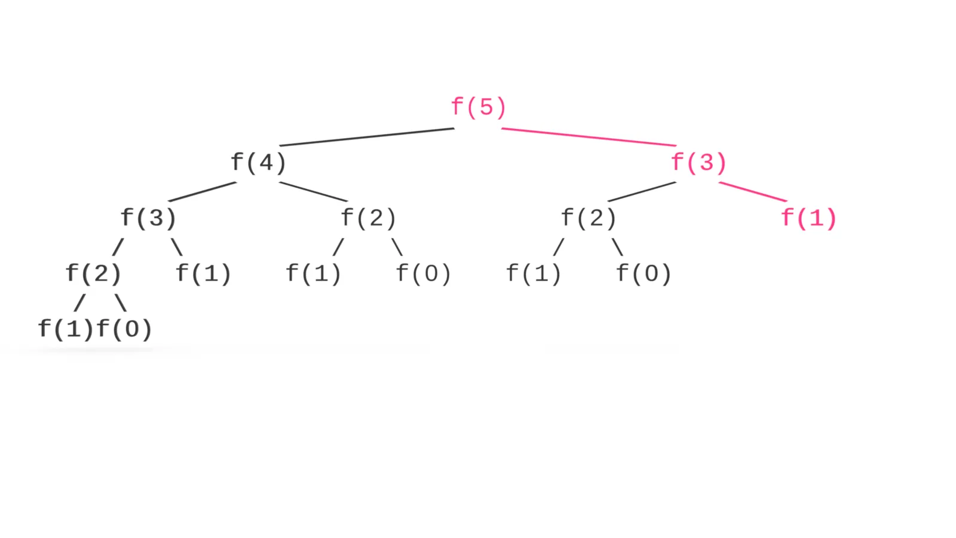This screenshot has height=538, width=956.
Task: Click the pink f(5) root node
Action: [x=479, y=107]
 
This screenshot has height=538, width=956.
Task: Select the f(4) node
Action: [x=258, y=162]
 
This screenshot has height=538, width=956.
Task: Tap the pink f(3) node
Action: [x=698, y=162]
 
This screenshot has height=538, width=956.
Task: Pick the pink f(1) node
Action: [x=809, y=218]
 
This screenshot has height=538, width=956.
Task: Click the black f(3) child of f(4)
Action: [x=148, y=218]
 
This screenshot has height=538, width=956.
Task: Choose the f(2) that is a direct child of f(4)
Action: [x=368, y=218]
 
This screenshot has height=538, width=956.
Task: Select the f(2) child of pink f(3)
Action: [x=589, y=218]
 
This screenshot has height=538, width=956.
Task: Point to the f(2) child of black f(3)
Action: [x=93, y=273]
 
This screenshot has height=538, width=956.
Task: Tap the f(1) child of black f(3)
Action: [x=203, y=273]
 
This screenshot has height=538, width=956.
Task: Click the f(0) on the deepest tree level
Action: [x=124, y=329]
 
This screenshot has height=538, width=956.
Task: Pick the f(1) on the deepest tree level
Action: [x=65, y=329]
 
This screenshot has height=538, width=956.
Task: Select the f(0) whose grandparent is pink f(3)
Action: [x=644, y=273]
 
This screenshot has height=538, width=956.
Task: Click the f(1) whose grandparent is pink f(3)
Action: [x=534, y=273]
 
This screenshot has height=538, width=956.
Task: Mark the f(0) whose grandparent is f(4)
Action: [x=424, y=273]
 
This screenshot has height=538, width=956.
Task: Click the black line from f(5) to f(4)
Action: [x=367, y=137]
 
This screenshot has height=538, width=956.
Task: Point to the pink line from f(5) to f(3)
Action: [x=589, y=137]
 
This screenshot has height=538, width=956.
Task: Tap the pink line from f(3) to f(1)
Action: [x=753, y=192]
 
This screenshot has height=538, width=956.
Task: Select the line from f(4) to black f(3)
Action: [x=203, y=192]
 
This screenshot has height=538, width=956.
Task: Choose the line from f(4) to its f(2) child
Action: [x=313, y=192]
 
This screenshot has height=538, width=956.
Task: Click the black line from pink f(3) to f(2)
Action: [x=642, y=192]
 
